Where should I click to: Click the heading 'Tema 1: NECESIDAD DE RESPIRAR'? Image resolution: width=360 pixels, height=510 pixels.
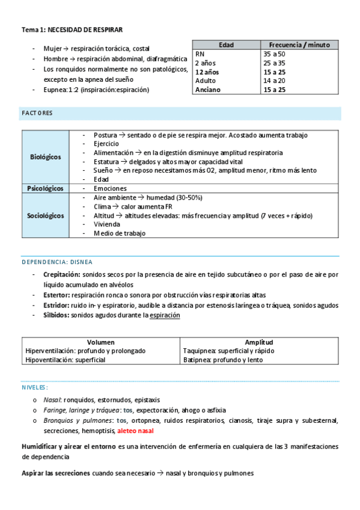(x=72, y=29)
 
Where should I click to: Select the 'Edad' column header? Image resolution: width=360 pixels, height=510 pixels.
(x=226, y=45)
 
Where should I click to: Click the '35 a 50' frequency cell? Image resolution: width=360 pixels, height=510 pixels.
(x=273, y=54)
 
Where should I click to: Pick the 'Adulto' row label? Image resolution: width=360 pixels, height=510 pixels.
(x=206, y=81)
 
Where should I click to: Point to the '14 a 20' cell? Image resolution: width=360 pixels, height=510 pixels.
(x=274, y=81)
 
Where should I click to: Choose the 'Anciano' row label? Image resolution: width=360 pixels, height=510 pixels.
(x=208, y=90)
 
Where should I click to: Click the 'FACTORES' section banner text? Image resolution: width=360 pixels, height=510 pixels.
(x=37, y=113)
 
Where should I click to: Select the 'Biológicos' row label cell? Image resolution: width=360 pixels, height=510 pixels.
(x=46, y=157)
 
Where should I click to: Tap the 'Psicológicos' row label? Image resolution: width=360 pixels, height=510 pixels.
(x=46, y=188)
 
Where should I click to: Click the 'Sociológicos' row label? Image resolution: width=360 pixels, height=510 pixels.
(x=46, y=215)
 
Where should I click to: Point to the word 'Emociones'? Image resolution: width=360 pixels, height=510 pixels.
(x=110, y=188)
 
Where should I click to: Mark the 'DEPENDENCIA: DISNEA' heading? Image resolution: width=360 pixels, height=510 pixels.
(x=57, y=262)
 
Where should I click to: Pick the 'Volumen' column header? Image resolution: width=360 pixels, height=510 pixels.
(x=100, y=342)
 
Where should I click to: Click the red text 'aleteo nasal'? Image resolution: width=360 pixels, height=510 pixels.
(x=136, y=431)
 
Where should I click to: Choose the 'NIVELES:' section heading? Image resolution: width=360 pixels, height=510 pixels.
(x=35, y=387)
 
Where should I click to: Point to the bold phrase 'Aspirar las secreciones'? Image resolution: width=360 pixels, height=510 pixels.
(x=56, y=473)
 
